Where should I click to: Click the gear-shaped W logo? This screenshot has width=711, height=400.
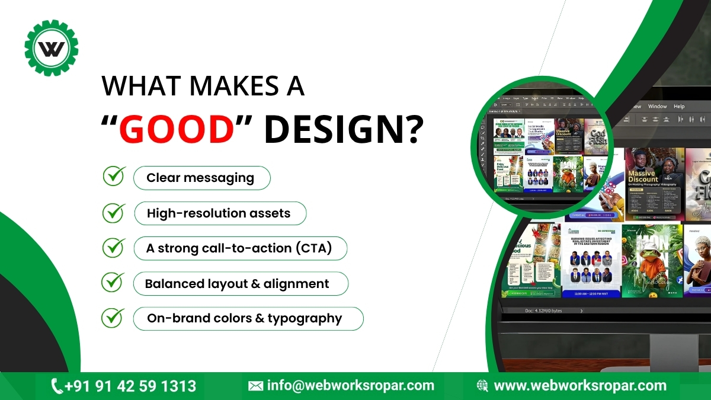click(52, 48)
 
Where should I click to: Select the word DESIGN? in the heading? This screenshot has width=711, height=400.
click(344, 129)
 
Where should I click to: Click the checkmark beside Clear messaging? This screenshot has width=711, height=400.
click(114, 177)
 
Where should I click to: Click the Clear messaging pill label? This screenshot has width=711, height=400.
click(201, 178)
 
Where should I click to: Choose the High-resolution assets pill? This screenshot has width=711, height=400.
click(219, 213)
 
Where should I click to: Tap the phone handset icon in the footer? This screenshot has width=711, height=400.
click(57, 386)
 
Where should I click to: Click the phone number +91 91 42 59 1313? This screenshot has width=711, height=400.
click(130, 386)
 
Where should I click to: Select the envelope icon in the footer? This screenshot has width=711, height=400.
click(255, 386)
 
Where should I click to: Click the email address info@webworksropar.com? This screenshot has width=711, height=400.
click(351, 386)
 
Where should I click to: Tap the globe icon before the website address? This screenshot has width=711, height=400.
click(482, 386)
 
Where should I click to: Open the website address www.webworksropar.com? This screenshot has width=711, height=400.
click(580, 386)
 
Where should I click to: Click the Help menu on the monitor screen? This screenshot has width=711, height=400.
click(679, 107)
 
